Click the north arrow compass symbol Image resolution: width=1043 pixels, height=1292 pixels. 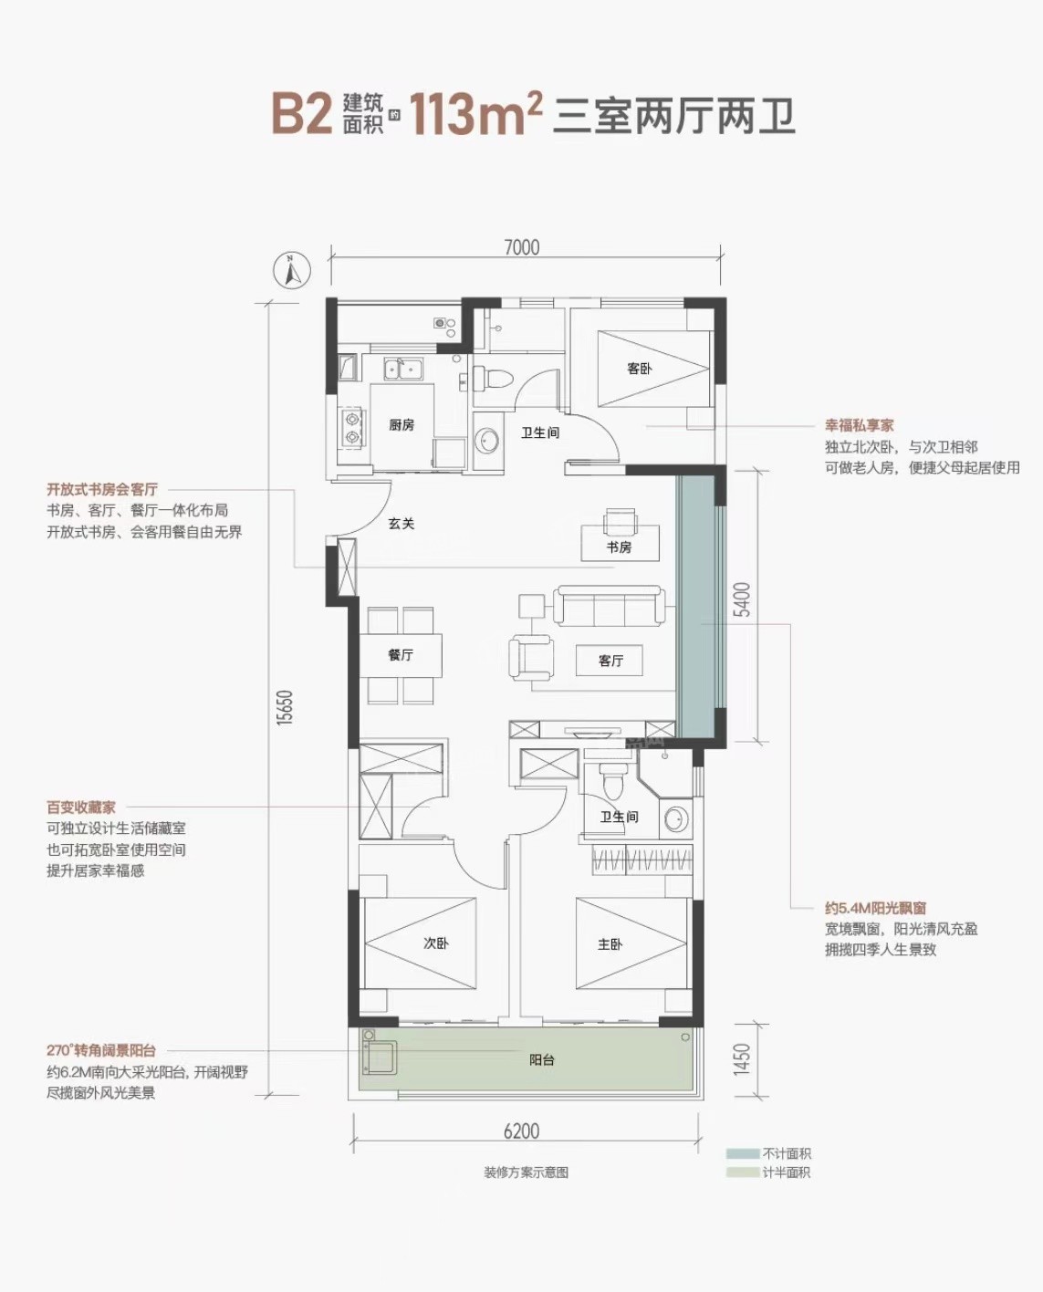(x=292, y=270)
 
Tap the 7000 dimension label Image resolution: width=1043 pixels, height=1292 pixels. (x=522, y=248)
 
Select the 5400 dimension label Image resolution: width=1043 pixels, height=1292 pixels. (x=742, y=599)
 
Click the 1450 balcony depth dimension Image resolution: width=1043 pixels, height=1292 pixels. (x=742, y=1059)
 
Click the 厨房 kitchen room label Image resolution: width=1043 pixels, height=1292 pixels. (x=402, y=424)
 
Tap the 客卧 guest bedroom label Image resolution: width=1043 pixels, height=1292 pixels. (x=639, y=369)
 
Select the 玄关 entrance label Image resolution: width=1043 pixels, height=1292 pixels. (x=401, y=523)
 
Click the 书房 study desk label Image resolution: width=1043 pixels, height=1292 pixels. (x=619, y=547)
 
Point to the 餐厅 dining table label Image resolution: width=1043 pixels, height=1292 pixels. (x=401, y=654)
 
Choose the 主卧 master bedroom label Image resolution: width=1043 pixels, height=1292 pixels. (x=610, y=943)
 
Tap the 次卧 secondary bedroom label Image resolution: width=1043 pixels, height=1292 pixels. (x=436, y=943)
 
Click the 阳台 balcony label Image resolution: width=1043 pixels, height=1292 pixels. (x=541, y=1059)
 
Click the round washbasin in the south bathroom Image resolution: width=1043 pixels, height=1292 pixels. (x=677, y=818)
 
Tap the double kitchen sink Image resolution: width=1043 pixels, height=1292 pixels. (x=402, y=369)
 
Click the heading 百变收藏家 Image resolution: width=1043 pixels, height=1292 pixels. (x=80, y=807)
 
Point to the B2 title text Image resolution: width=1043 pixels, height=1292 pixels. (x=301, y=114)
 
